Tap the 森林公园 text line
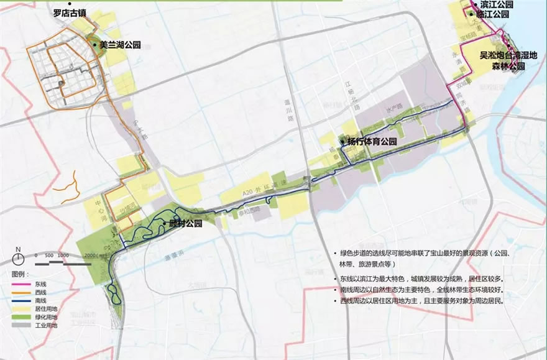pyautogui.click(x=504, y=65)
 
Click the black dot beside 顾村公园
pyautogui.click(x=164, y=223)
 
